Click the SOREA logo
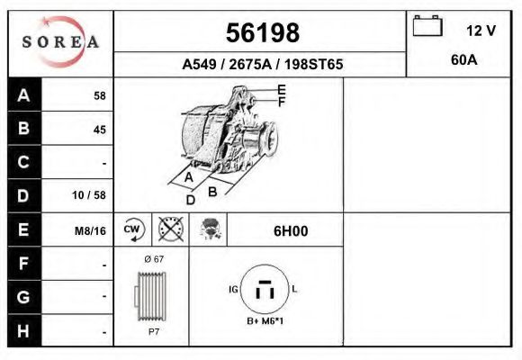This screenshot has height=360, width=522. click(x=60, y=41)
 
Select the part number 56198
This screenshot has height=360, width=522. click(x=262, y=33)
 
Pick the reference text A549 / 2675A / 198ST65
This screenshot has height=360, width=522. click(x=262, y=65)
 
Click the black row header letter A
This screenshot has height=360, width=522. click(x=24, y=94)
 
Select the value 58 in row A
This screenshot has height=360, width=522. click(x=99, y=95)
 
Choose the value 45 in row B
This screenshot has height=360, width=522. click(x=99, y=129)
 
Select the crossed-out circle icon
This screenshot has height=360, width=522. click(x=170, y=230)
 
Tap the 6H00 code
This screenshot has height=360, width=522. click(x=290, y=231)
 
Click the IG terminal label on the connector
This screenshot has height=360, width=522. click(x=232, y=289)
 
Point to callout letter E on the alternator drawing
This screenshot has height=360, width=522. click(x=282, y=89)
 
